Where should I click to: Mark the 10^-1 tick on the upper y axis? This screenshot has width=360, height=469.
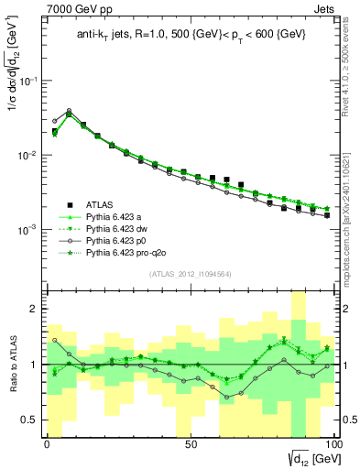coord(27,81)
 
